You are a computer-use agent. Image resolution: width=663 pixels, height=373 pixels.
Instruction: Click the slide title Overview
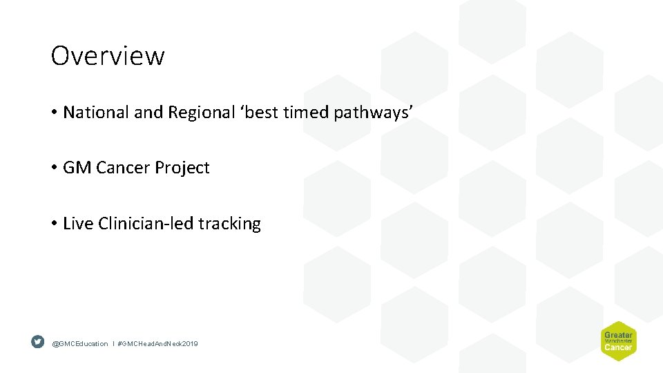tap(108, 56)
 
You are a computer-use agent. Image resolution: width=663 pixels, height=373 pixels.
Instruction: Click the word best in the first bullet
tap(260, 113)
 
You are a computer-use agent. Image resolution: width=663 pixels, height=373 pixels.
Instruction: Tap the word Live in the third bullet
tap(78, 224)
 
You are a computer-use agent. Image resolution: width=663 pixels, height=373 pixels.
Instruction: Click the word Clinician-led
tap(146, 224)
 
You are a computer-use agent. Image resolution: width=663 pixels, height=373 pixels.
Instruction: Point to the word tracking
tap(229, 224)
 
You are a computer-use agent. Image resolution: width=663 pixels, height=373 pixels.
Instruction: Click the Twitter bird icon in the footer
tap(38, 342)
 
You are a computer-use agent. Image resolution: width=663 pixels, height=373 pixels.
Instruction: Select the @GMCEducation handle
tap(80, 343)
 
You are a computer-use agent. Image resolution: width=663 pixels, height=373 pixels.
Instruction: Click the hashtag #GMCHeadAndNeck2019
tap(157, 343)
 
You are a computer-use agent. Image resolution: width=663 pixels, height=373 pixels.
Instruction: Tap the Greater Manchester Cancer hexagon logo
tap(618, 341)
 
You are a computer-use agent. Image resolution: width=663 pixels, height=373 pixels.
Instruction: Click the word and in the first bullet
tap(148, 113)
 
